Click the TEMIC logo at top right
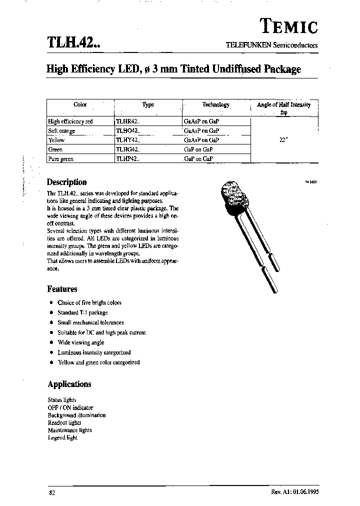[289, 26]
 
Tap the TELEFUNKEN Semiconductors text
[271, 44]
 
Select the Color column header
[80, 104]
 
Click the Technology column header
[215, 104]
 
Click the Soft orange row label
[61, 130]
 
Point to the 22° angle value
[283, 140]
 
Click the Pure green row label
[60, 158]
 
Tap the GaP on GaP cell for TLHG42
[198, 149]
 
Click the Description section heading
[66, 182]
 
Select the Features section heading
[62, 288]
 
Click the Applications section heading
[69, 384]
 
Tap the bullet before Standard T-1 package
[51, 312]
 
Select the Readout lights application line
[64, 422]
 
